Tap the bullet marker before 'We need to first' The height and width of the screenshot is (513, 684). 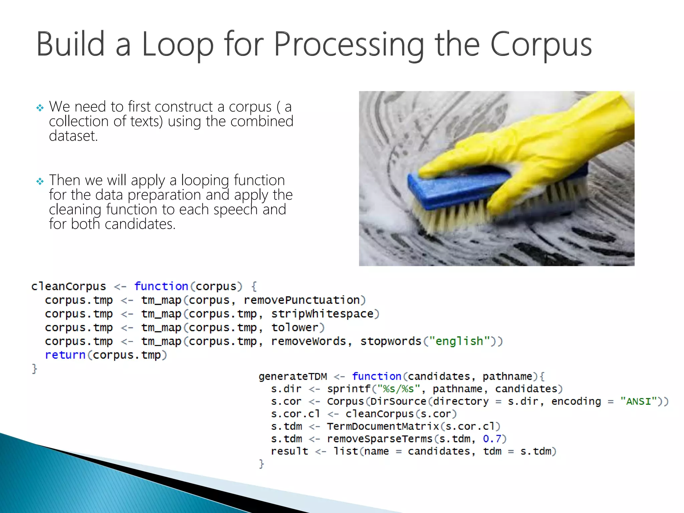pyautogui.click(x=40, y=108)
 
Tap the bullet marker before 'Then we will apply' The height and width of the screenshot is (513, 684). pyautogui.click(x=40, y=181)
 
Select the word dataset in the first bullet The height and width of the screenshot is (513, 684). pyautogui.click(x=73, y=136)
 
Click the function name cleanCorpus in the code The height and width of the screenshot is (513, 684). pyautogui.click(x=68, y=286)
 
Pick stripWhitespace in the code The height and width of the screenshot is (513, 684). pyautogui.click(x=322, y=314)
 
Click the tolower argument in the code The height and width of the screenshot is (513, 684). pyautogui.click(x=295, y=327)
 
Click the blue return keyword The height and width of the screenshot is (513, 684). pyautogui.click(x=65, y=355)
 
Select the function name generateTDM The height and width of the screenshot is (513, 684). pyautogui.click(x=293, y=376)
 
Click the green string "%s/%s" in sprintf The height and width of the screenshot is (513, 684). pyautogui.click(x=398, y=389)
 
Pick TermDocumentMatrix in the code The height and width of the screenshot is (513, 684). pyautogui.click(x=383, y=426)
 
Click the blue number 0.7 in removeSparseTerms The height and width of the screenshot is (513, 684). pyautogui.click(x=492, y=439)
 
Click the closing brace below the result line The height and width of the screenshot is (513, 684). pyautogui.click(x=262, y=464)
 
